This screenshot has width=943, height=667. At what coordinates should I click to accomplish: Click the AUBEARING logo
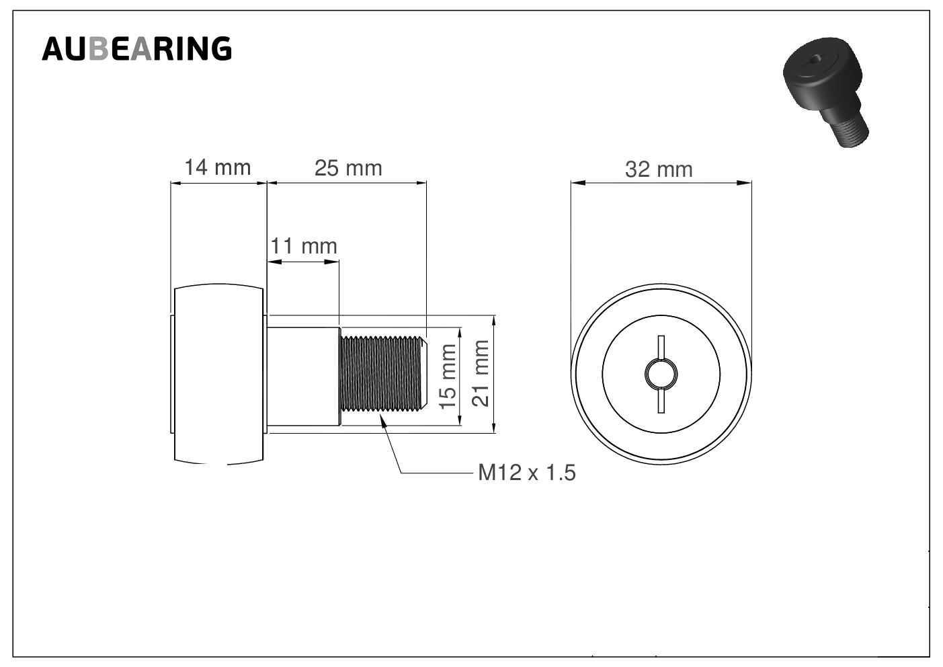coord(137,49)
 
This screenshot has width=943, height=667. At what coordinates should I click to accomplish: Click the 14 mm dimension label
coord(218,167)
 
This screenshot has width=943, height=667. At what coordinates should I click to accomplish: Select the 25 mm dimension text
coord(348,168)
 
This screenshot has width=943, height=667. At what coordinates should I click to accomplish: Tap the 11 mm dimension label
coord(304,246)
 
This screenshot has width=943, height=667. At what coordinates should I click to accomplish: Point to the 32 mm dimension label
coord(659,169)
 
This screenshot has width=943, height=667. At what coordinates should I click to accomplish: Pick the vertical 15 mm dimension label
coord(448,376)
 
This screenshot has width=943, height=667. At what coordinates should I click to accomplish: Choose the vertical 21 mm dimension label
coord(481,373)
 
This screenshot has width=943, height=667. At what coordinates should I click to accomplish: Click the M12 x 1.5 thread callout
coord(527,473)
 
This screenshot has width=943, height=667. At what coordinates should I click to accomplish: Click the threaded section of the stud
coord(381,373)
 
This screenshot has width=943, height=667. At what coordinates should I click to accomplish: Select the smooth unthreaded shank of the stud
coord(304,377)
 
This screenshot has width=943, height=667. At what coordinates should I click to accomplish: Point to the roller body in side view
coord(219,374)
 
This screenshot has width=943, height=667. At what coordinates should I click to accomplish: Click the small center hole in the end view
coord(661,374)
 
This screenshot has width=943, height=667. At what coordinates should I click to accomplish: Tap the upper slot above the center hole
coord(661,348)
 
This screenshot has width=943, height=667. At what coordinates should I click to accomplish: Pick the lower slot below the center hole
coord(661,401)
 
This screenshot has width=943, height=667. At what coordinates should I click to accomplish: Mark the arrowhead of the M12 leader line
coord(382,420)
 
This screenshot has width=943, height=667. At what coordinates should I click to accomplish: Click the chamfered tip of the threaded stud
coord(424,373)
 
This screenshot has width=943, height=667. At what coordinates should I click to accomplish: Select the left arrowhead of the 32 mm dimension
coord(577,183)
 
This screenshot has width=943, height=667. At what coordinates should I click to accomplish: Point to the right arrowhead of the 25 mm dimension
coord(421,183)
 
